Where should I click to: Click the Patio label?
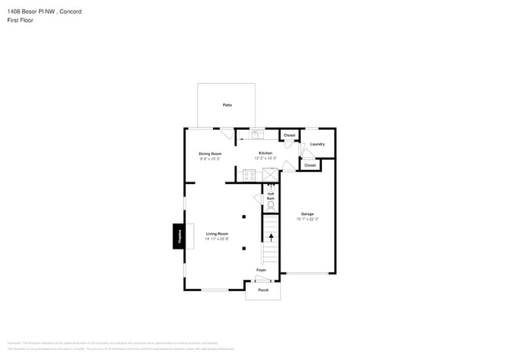(x=227, y=105)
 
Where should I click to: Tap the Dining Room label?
(x=209, y=153)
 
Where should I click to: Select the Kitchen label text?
(x=265, y=153)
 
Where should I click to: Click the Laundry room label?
(x=317, y=144)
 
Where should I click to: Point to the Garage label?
(x=307, y=214)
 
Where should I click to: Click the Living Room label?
(x=217, y=234)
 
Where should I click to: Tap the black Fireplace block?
(x=178, y=236)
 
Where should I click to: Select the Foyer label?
(x=261, y=270)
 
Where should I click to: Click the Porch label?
(x=263, y=290)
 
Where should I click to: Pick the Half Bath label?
(x=270, y=196)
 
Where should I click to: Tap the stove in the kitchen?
(x=249, y=175)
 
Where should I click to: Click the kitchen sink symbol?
(x=258, y=134)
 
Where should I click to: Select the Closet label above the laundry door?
(x=289, y=135)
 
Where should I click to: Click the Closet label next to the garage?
(x=309, y=165)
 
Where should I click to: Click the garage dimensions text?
(x=307, y=219)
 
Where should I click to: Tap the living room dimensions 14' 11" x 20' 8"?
(x=217, y=239)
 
